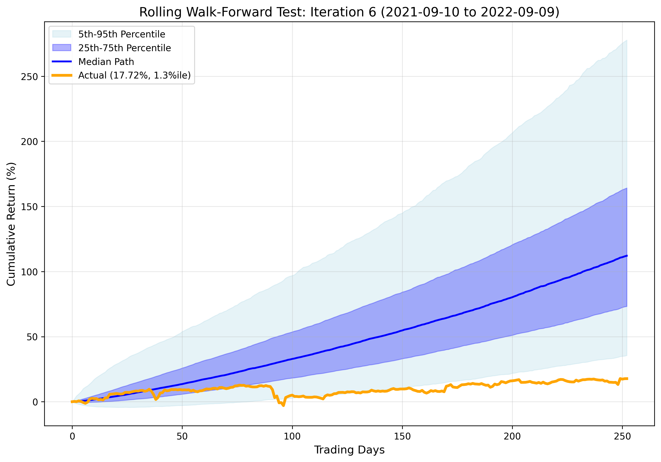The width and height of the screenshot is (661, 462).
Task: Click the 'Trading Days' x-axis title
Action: pyautogui.click(x=349, y=450)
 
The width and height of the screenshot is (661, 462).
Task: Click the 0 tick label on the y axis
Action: pyautogui.click(x=35, y=402)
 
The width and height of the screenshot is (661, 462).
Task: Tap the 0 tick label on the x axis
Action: pyautogui.click(x=72, y=436)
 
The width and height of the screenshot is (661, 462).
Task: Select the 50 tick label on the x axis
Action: pyautogui.click(x=182, y=436)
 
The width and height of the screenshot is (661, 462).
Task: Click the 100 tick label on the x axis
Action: pyautogui.click(x=292, y=436)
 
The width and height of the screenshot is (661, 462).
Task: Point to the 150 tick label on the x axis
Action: pyautogui.click(x=402, y=436)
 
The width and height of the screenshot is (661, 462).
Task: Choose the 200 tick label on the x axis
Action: pyautogui.click(x=512, y=436)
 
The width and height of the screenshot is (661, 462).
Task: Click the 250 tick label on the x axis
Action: pyautogui.click(x=622, y=436)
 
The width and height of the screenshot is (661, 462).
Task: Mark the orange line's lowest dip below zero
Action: pyautogui.click(x=284, y=405)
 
